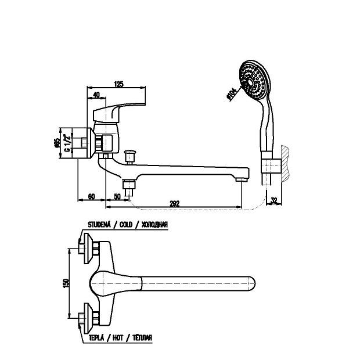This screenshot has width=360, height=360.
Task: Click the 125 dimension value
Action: [x=118, y=84]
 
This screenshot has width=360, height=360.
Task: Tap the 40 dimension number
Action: [x=96, y=95]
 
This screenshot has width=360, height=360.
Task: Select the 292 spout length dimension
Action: [x=175, y=203]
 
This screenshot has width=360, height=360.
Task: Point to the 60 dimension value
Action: [x=91, y=197]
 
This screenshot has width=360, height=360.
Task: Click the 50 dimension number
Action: [x=117, y=197]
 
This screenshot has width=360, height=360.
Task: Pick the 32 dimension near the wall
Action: [x=274, y=200]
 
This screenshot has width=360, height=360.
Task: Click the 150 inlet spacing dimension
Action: [x=66, y=283]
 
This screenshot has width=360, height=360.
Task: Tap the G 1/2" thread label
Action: [x=67, y=143]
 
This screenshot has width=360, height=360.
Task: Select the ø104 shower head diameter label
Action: [x=232, y=93]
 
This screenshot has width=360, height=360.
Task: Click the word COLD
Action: [x=126, y=224]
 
